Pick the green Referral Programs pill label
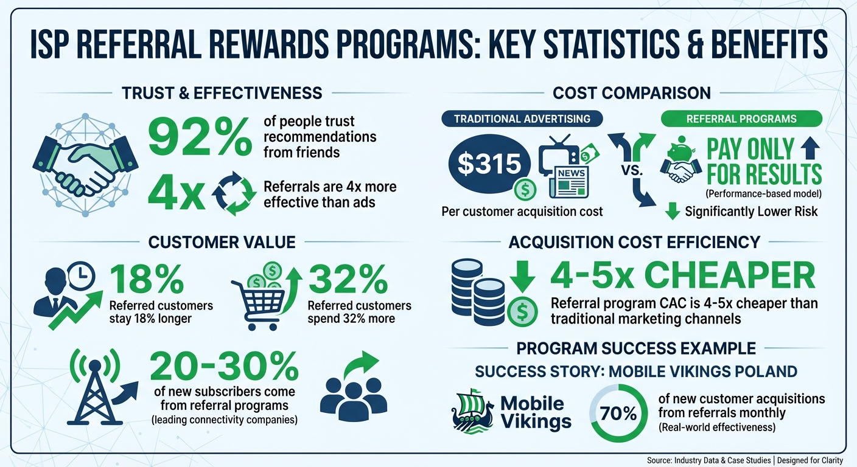(741, 119)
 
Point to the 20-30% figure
(224, 365)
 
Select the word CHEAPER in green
(729, 276)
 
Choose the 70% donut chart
(618, 416)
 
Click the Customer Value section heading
(222, 242)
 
